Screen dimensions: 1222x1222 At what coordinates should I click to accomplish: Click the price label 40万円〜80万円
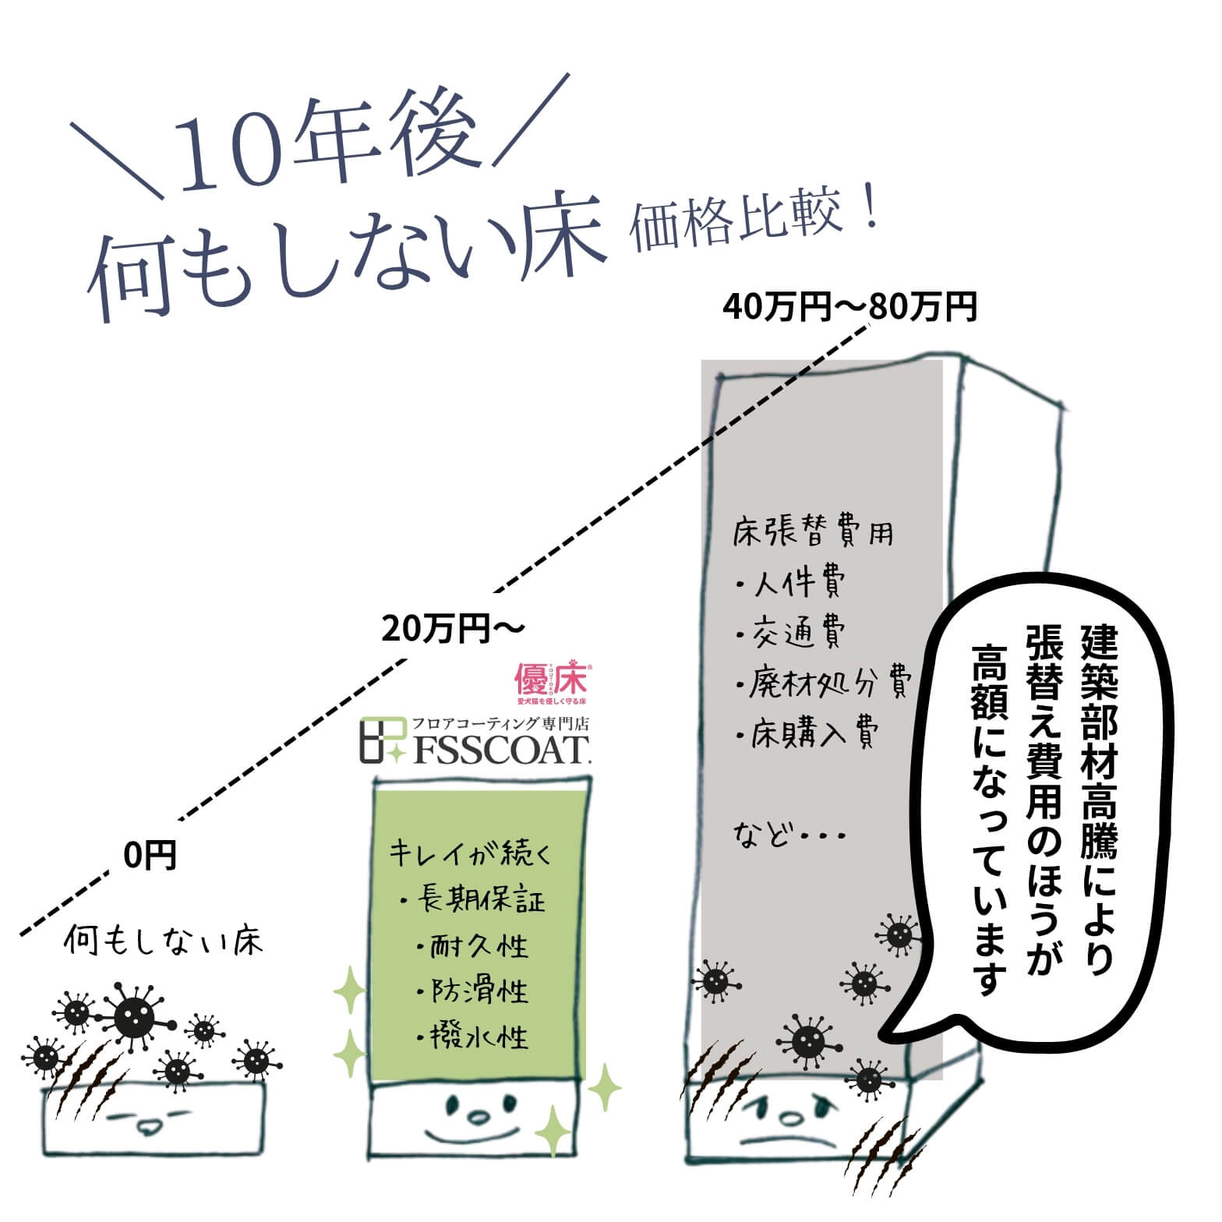(849, 307)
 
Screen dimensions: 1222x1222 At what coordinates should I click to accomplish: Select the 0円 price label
(150, 856)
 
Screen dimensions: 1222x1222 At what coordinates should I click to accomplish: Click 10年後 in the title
(327, 148)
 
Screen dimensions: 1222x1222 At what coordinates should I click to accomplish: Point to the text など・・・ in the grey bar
(789, 836)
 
